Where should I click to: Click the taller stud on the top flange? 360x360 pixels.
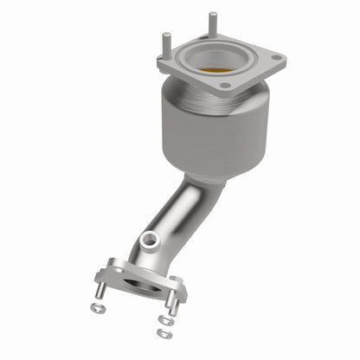click(x=211, y=25)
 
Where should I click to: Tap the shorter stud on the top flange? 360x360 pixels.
click(x=165, y=42)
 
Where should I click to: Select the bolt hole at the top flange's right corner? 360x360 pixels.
click(x=276, y=59)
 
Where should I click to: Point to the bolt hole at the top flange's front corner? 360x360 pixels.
click(x=225, y=86)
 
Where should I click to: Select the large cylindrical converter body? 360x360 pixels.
click(x=214, y=130)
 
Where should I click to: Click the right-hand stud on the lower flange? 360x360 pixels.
click(x=172, y=305)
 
